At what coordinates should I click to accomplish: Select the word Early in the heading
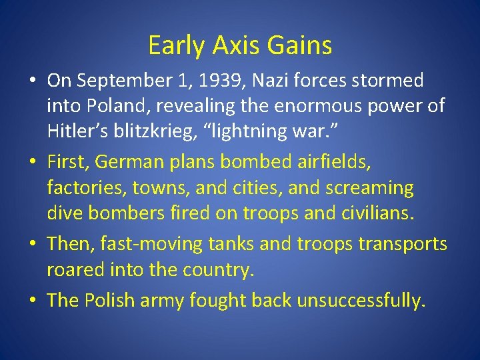[x=177, y=46]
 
